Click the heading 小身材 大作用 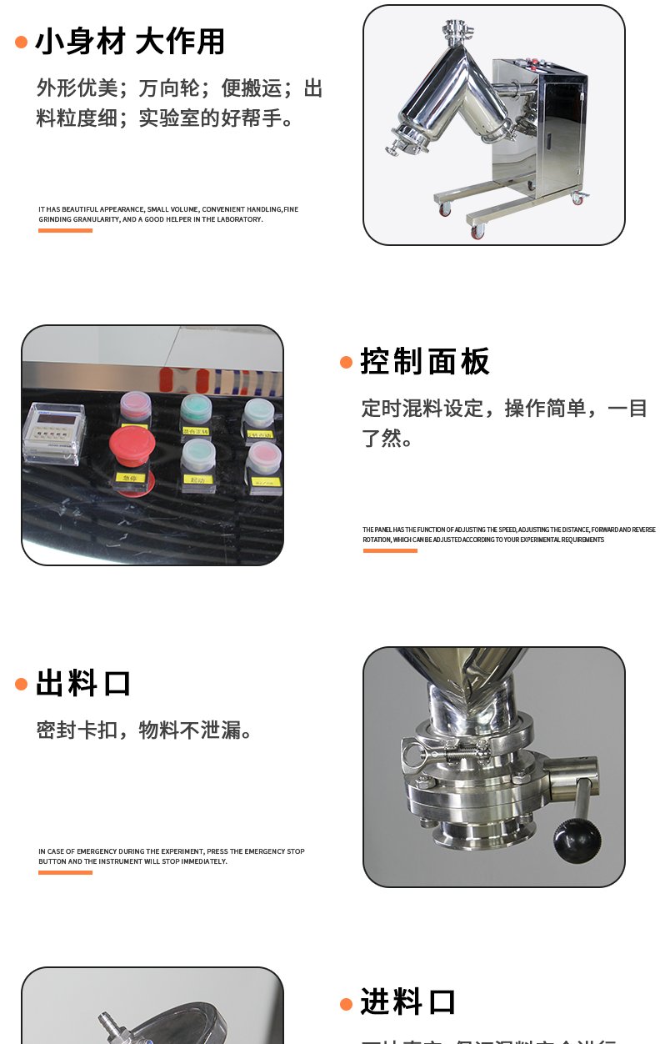tap(130, 42)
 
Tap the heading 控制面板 tap(425, 361)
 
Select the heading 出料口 tap(83, 684)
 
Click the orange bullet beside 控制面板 tap(347, 362)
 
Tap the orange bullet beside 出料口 tap(22, 685)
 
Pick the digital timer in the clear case tap(52, 431)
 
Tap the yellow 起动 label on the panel tap(197, 480)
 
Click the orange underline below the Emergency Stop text tap(65, 872)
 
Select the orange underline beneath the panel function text tap(389, 550)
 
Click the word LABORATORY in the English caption tap(239, 219)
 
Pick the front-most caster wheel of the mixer tap(477, 232)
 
